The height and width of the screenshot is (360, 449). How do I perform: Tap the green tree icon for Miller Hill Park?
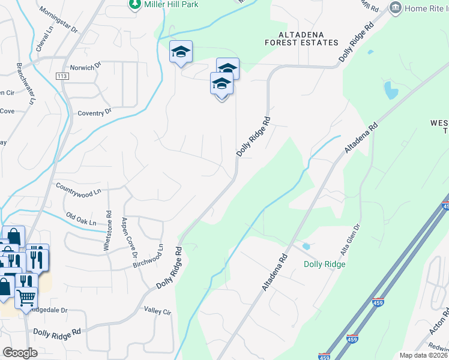coord(134,5)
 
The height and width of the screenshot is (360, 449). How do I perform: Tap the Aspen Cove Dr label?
coord(130,238)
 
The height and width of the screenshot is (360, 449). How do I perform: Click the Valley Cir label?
coord(158,312)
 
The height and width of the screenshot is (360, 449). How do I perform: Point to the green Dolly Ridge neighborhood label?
coord(324,263)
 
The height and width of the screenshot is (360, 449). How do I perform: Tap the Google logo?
coord(20,353)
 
